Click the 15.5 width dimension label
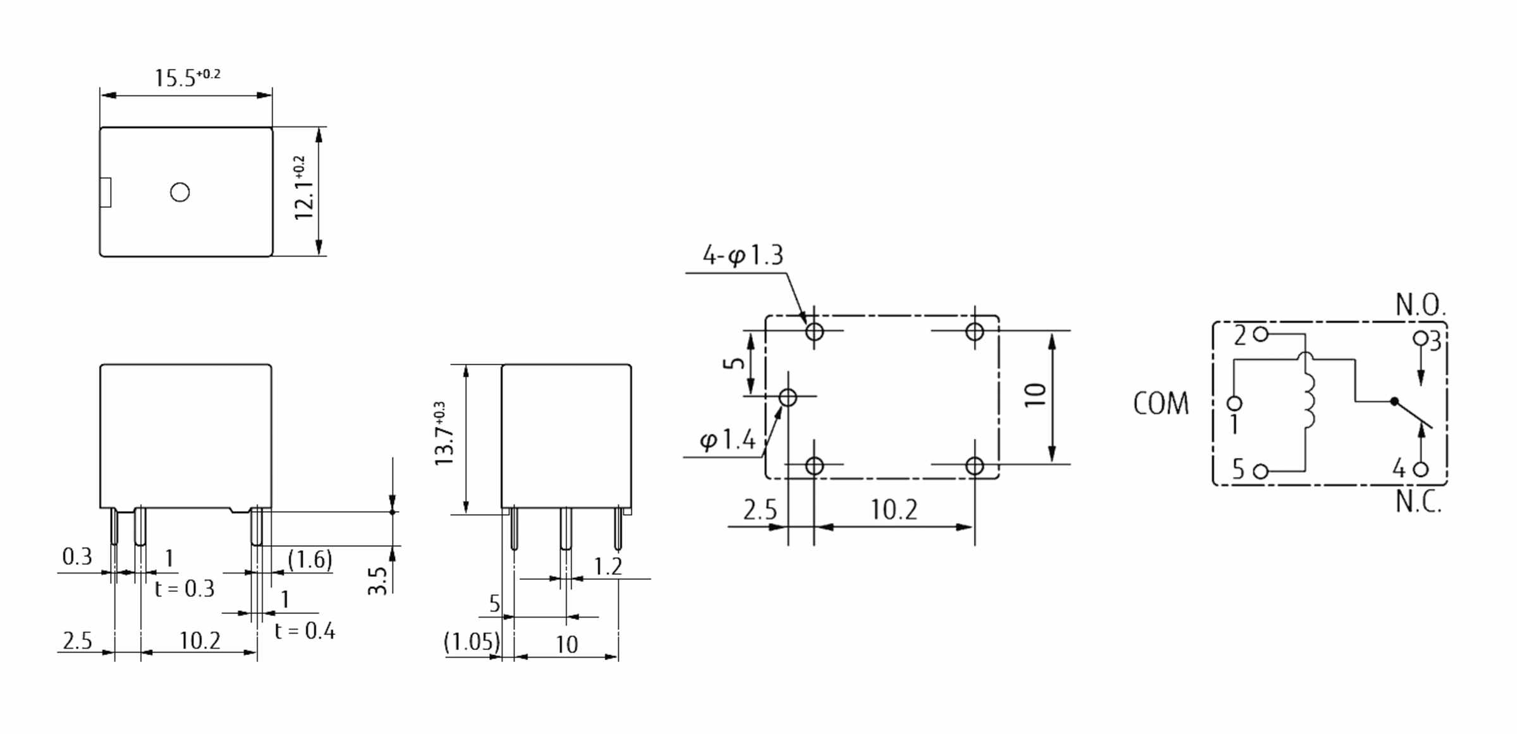186,78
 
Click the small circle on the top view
180,192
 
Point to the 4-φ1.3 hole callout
743,256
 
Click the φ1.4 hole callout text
728,440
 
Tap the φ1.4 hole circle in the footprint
788,397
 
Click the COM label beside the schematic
1161,404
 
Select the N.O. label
1420,306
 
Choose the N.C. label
1418,502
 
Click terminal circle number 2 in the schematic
1260,334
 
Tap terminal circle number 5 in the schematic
1260,471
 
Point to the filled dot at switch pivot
1394,401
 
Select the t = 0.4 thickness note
305,631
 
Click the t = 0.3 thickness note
185,589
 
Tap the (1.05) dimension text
472,642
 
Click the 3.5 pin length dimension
377,581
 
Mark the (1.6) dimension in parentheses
310,560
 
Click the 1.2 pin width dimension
608,567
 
